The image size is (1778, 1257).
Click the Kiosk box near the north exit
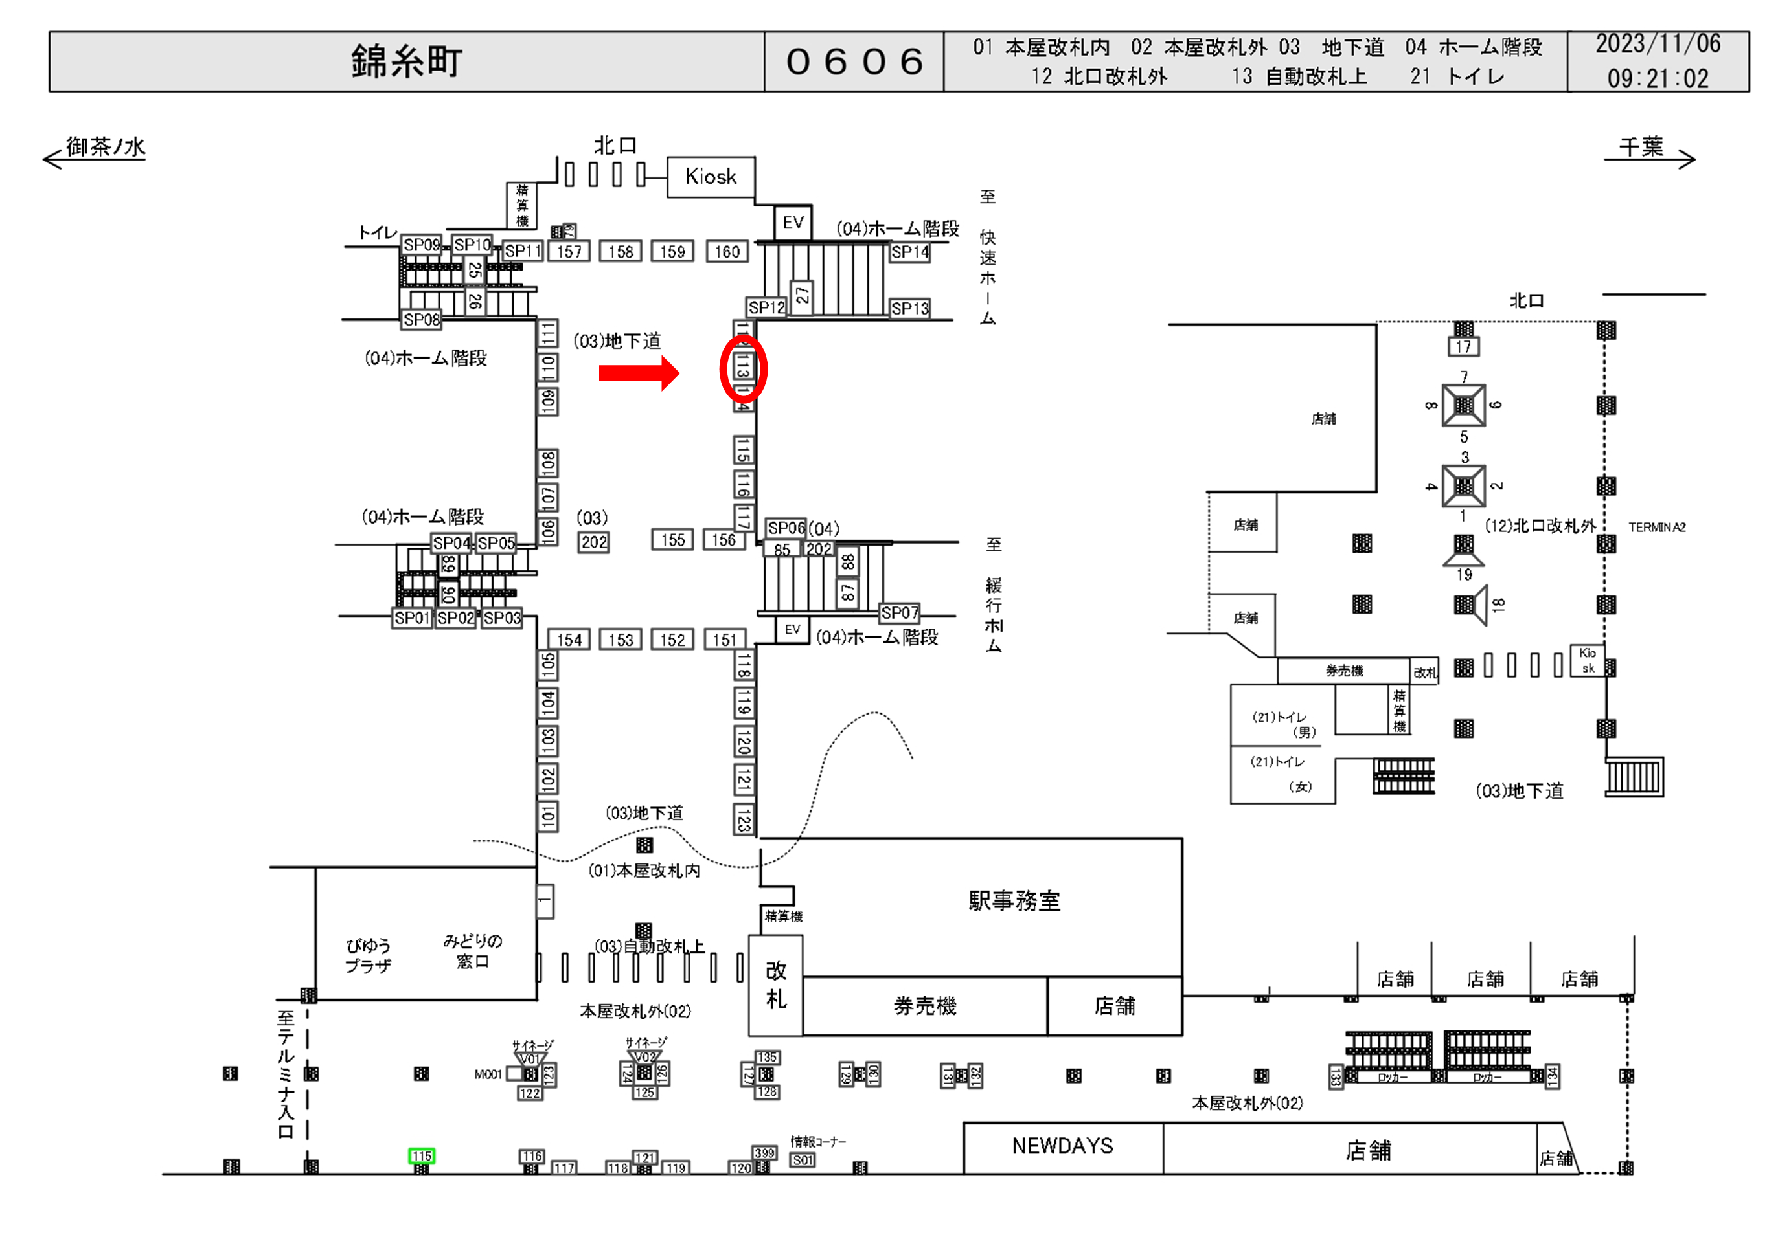pos(711,177)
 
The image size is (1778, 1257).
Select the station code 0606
pos(854,62)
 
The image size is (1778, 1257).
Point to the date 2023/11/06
pos(1658,44)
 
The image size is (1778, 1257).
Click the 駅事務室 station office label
pos(1014,901)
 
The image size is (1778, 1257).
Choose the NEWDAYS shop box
pos(1062,1146)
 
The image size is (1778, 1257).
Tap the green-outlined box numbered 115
pos(421,1155)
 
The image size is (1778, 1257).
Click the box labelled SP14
pos(909,252)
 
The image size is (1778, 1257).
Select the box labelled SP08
pos(421,320)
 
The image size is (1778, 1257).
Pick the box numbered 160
pos(727,252)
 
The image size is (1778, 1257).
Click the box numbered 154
pos(569,640)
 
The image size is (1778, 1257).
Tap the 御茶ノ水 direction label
pos(106,146)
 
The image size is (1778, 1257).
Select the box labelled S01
pos(803,1161)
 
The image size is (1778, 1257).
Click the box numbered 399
pos(764,1153)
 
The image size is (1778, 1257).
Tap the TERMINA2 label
pos(1656,527)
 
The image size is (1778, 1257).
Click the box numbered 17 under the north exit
pos(1463,347)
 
